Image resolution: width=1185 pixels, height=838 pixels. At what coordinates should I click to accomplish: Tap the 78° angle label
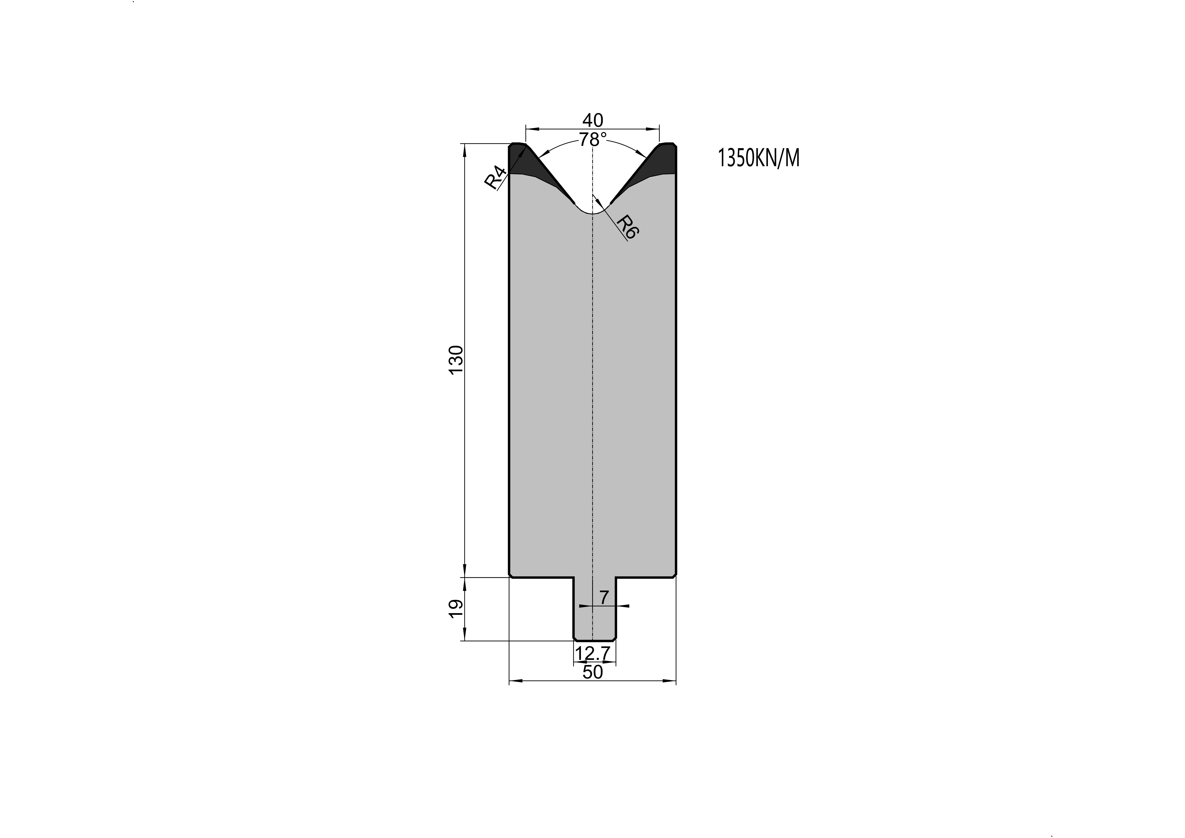click(x=593, y=139)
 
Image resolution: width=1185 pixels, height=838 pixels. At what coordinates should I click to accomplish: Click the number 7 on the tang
click(x=604, y=598)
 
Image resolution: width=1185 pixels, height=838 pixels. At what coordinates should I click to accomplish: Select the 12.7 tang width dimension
click(x=593, y=654)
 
